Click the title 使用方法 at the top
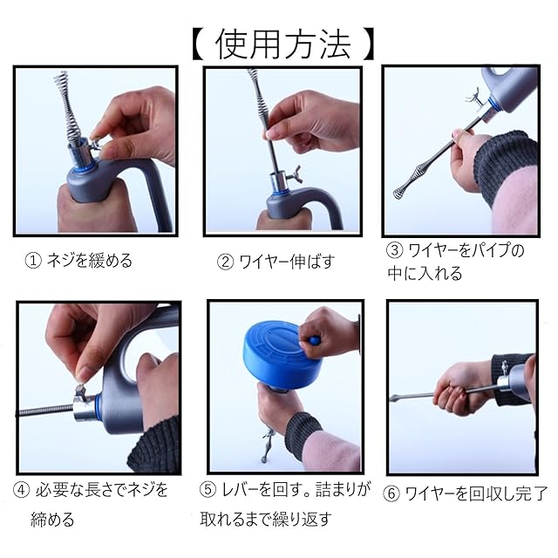coord(283,44)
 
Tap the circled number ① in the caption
coord(33,261)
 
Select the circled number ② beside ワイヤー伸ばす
coord(225,262)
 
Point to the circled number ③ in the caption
coord(395,250)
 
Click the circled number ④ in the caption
coord(21,491)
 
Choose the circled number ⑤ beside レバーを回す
coord(208,490)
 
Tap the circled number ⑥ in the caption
coord(391,494)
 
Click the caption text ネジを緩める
coord(90,261)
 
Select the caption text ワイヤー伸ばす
coord(287,262)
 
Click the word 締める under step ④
coord(52,520)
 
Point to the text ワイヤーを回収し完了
coord(476,494)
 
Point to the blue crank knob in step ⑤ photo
coord(314,341)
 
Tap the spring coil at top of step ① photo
coord(66,108)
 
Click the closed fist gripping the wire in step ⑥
coord(453,390)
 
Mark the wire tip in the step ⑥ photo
coord(393,398)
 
